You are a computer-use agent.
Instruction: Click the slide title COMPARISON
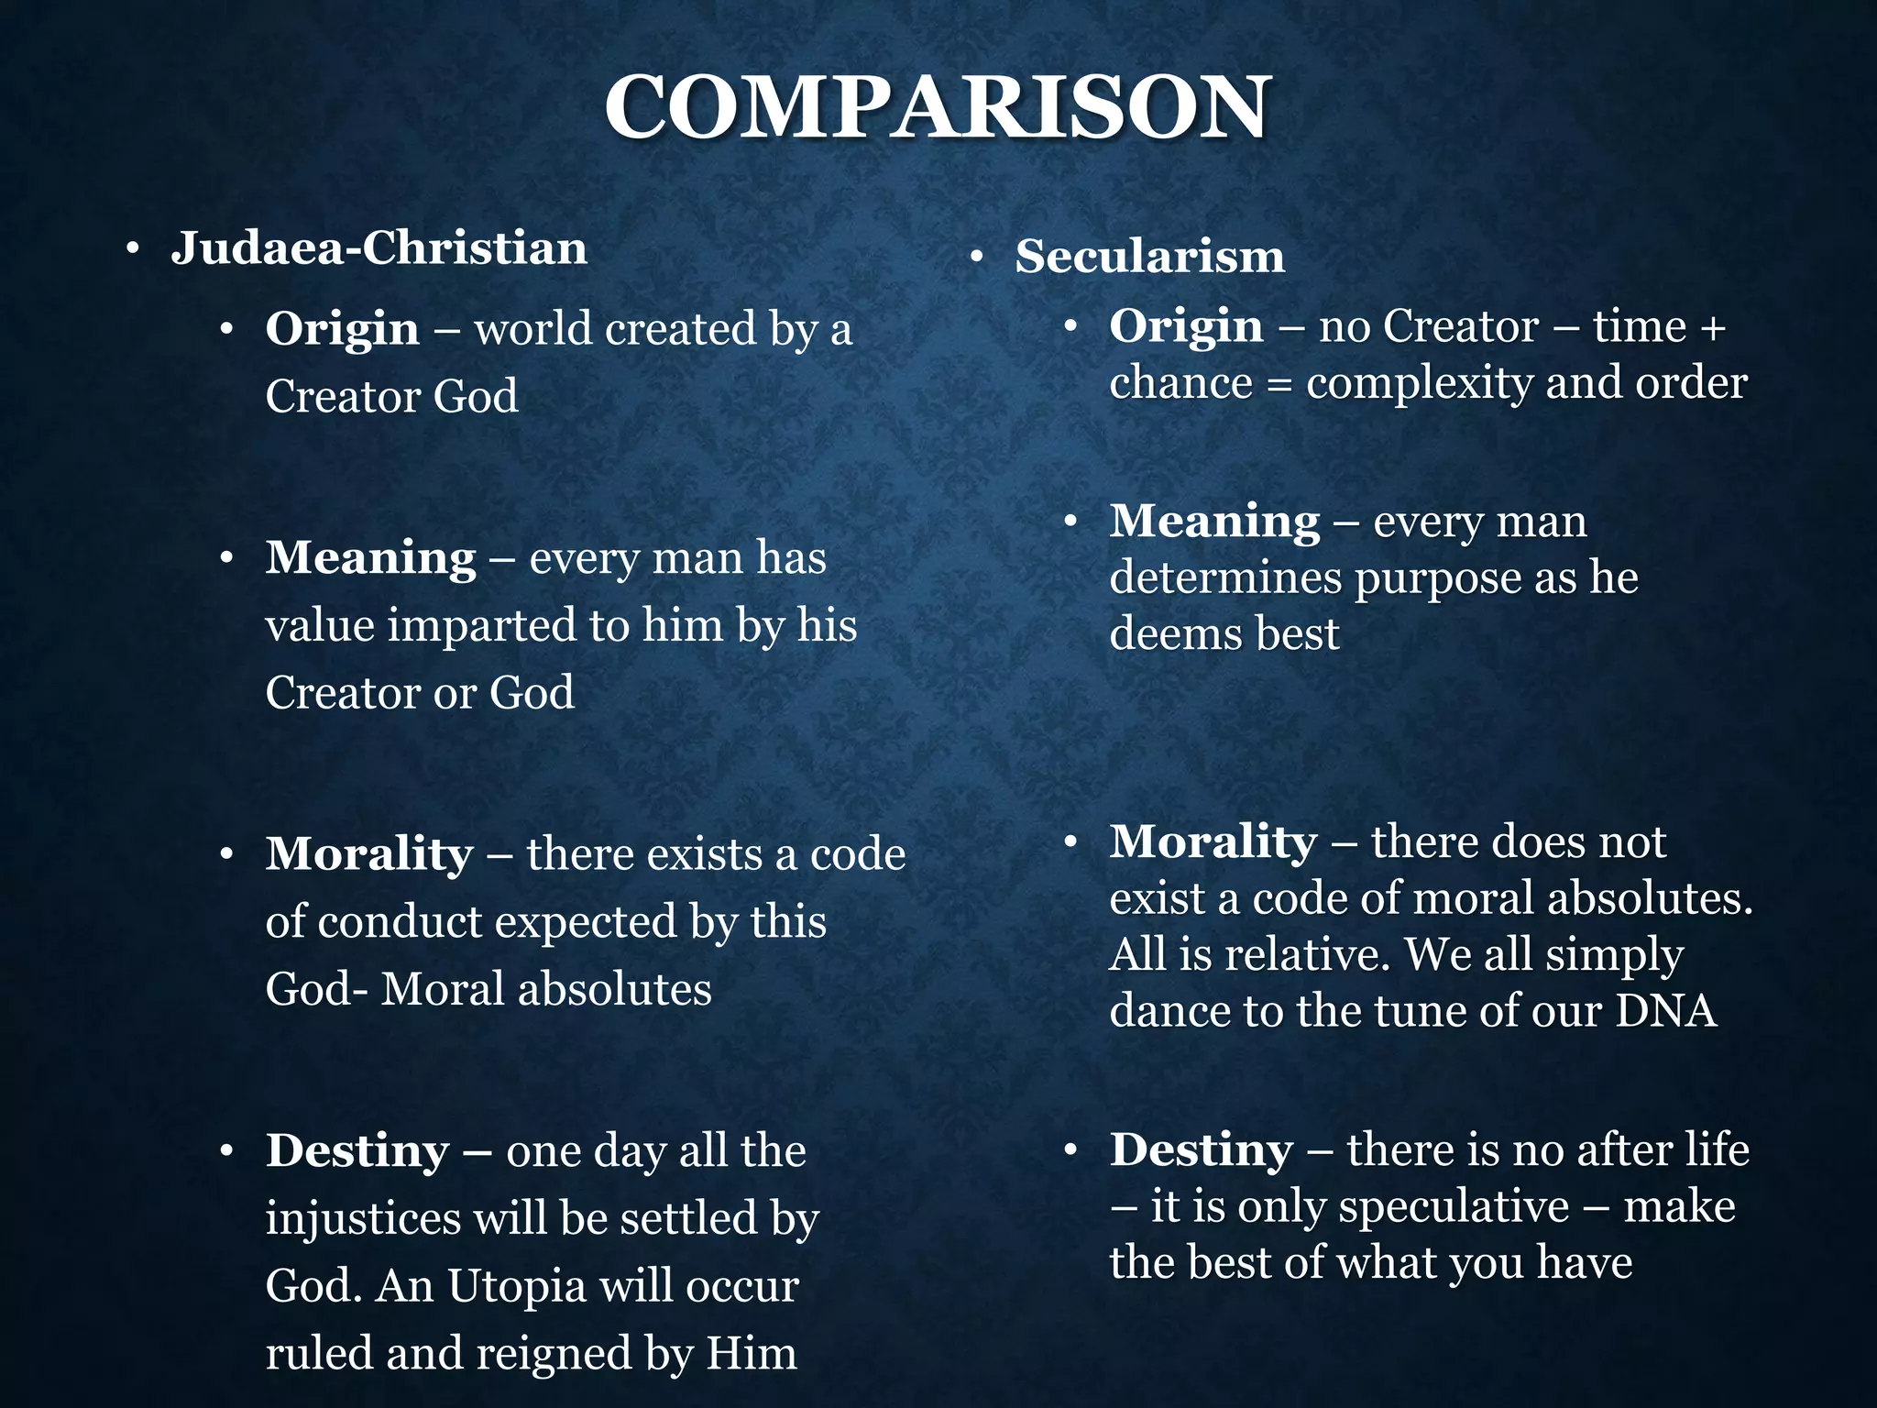click(x=937, y=108)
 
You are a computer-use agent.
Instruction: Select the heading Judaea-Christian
click(x=379, y=247)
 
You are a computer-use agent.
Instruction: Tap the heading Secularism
click(x=1149, y=256)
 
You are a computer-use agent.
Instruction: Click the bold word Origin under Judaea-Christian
click(x=342, y=329)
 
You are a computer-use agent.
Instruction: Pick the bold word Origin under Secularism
click(x=1186, y=326)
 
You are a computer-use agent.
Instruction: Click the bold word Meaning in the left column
click(x=370, y=557)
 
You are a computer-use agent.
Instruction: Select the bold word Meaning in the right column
click(x=1214, y=522)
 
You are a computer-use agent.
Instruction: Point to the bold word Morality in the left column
click(x=369, y=854)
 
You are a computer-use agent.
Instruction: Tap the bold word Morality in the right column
click(x=1213, y=841)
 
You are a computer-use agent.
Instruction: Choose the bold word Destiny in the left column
click(x=357, y=1151)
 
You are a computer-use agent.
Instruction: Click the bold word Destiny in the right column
click(x=1202, y=1149)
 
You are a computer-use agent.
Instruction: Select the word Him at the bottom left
click(x=752, y=1354)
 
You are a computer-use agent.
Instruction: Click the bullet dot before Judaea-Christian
click(x=133, y=249)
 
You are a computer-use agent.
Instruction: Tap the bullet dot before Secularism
click(x=977, y=258)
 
